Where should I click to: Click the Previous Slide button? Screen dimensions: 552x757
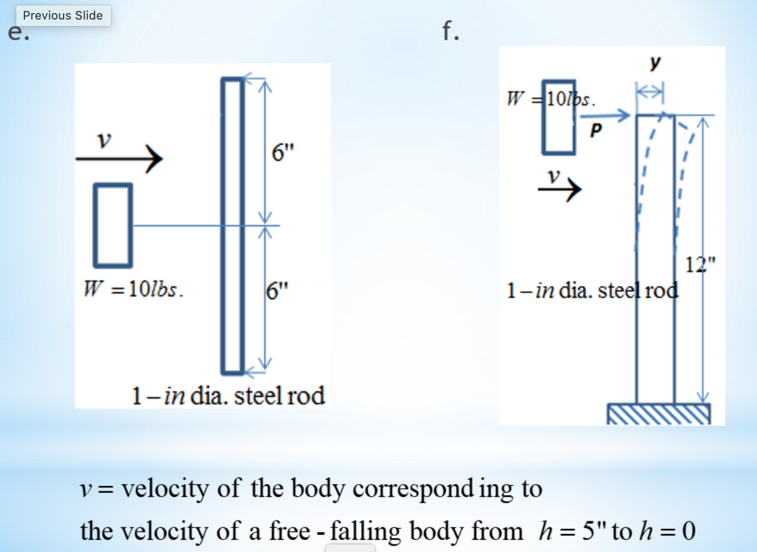63,16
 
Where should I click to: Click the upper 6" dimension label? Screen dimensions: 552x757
282,152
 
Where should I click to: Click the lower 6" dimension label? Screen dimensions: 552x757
277,291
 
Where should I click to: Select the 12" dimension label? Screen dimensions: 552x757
700,264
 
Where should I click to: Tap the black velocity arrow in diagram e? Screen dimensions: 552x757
119,159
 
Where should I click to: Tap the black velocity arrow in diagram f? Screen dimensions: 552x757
559,189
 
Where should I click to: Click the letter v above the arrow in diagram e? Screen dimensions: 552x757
104,140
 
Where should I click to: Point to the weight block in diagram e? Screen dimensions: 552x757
113,225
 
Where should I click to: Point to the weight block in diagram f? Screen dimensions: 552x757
558,117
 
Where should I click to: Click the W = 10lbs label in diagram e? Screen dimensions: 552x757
134,289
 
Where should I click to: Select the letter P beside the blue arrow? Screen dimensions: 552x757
596,130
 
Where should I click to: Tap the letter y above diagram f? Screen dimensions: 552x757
655,63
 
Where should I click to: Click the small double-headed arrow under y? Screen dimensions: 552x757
650,91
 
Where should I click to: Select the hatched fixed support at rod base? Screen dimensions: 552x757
658,414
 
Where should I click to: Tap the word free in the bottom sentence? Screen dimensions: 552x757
289,531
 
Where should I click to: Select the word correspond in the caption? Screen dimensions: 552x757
413,488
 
